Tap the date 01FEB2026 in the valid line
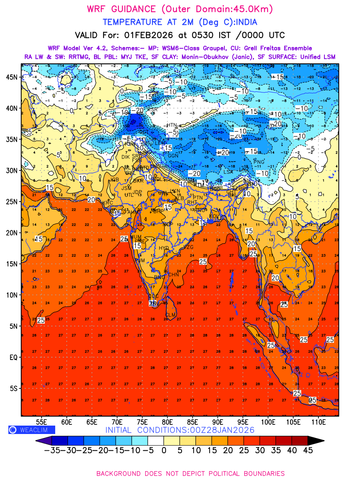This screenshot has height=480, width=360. [146, 35]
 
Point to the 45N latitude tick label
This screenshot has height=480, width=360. [14, 77]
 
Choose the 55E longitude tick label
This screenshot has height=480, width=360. [42, 422]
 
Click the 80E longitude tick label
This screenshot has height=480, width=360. [168, 422]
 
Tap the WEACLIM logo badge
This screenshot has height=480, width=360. [32, 430]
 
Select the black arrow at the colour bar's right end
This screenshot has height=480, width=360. [316, 440]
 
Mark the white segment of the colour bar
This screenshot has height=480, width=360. [156, 440]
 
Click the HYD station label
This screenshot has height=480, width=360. [164, 248]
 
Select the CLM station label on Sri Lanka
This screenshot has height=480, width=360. [171, 315]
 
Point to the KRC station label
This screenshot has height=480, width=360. [108, 203]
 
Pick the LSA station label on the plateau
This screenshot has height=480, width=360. [228, 172]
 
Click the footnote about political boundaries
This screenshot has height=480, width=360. [190, 474]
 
